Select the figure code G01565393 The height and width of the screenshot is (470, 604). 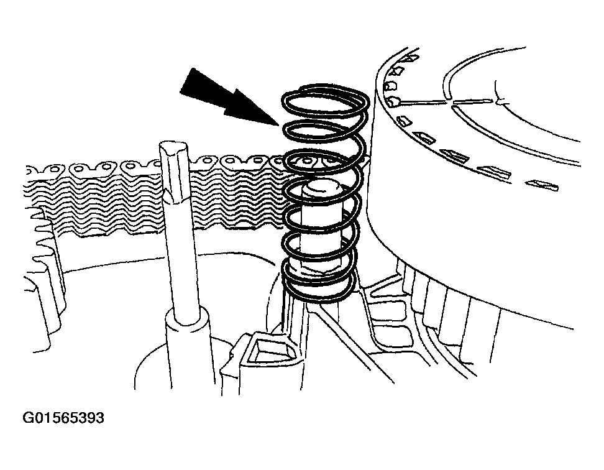pyautogui.click(x=63, y=418)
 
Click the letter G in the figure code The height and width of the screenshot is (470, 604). pyautogui.click(x=28, y=418)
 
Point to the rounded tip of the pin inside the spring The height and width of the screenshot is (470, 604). pyautogui.click(x=323, y=188)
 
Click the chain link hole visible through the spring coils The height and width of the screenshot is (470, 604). pyautogui.click(x=307, y=160)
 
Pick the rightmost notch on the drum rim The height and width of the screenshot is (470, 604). pyautogui.click(x=543, y=185)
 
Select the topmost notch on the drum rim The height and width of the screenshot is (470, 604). pyautogui.click(x=411, y=58)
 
